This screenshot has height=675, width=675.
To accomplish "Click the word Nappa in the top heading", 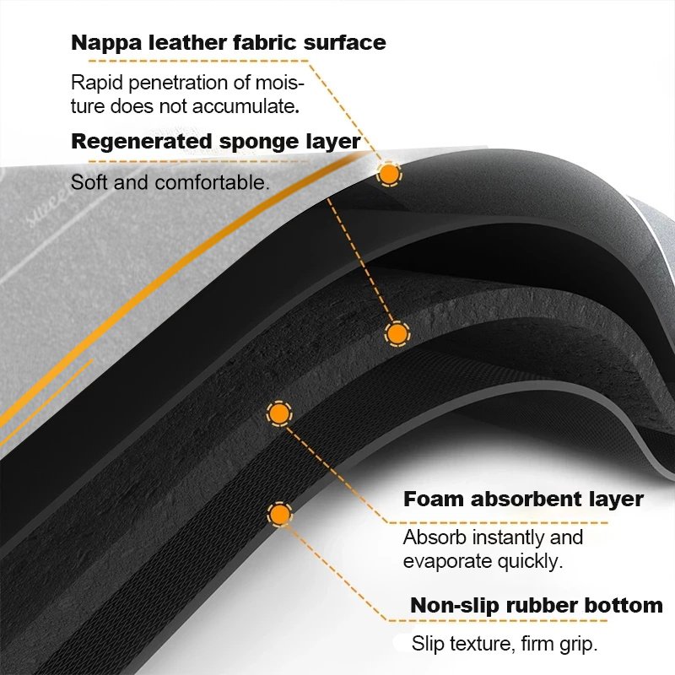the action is [x=106, y=44].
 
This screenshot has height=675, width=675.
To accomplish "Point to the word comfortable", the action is [x=212, y=182].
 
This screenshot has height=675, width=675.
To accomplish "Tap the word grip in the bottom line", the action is [x=579, y=645].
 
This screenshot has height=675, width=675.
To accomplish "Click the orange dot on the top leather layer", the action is [x=389, y=174].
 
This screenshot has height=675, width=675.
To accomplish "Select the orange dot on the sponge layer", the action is [x=397, y=333].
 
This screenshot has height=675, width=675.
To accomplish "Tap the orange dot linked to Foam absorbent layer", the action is [x=279, y=413].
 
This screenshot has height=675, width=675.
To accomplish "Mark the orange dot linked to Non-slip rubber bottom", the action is [x=280, y=514].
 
